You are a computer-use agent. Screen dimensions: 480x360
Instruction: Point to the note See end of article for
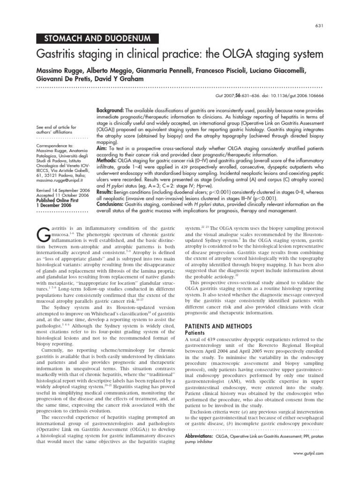click(x=56, y=127)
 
